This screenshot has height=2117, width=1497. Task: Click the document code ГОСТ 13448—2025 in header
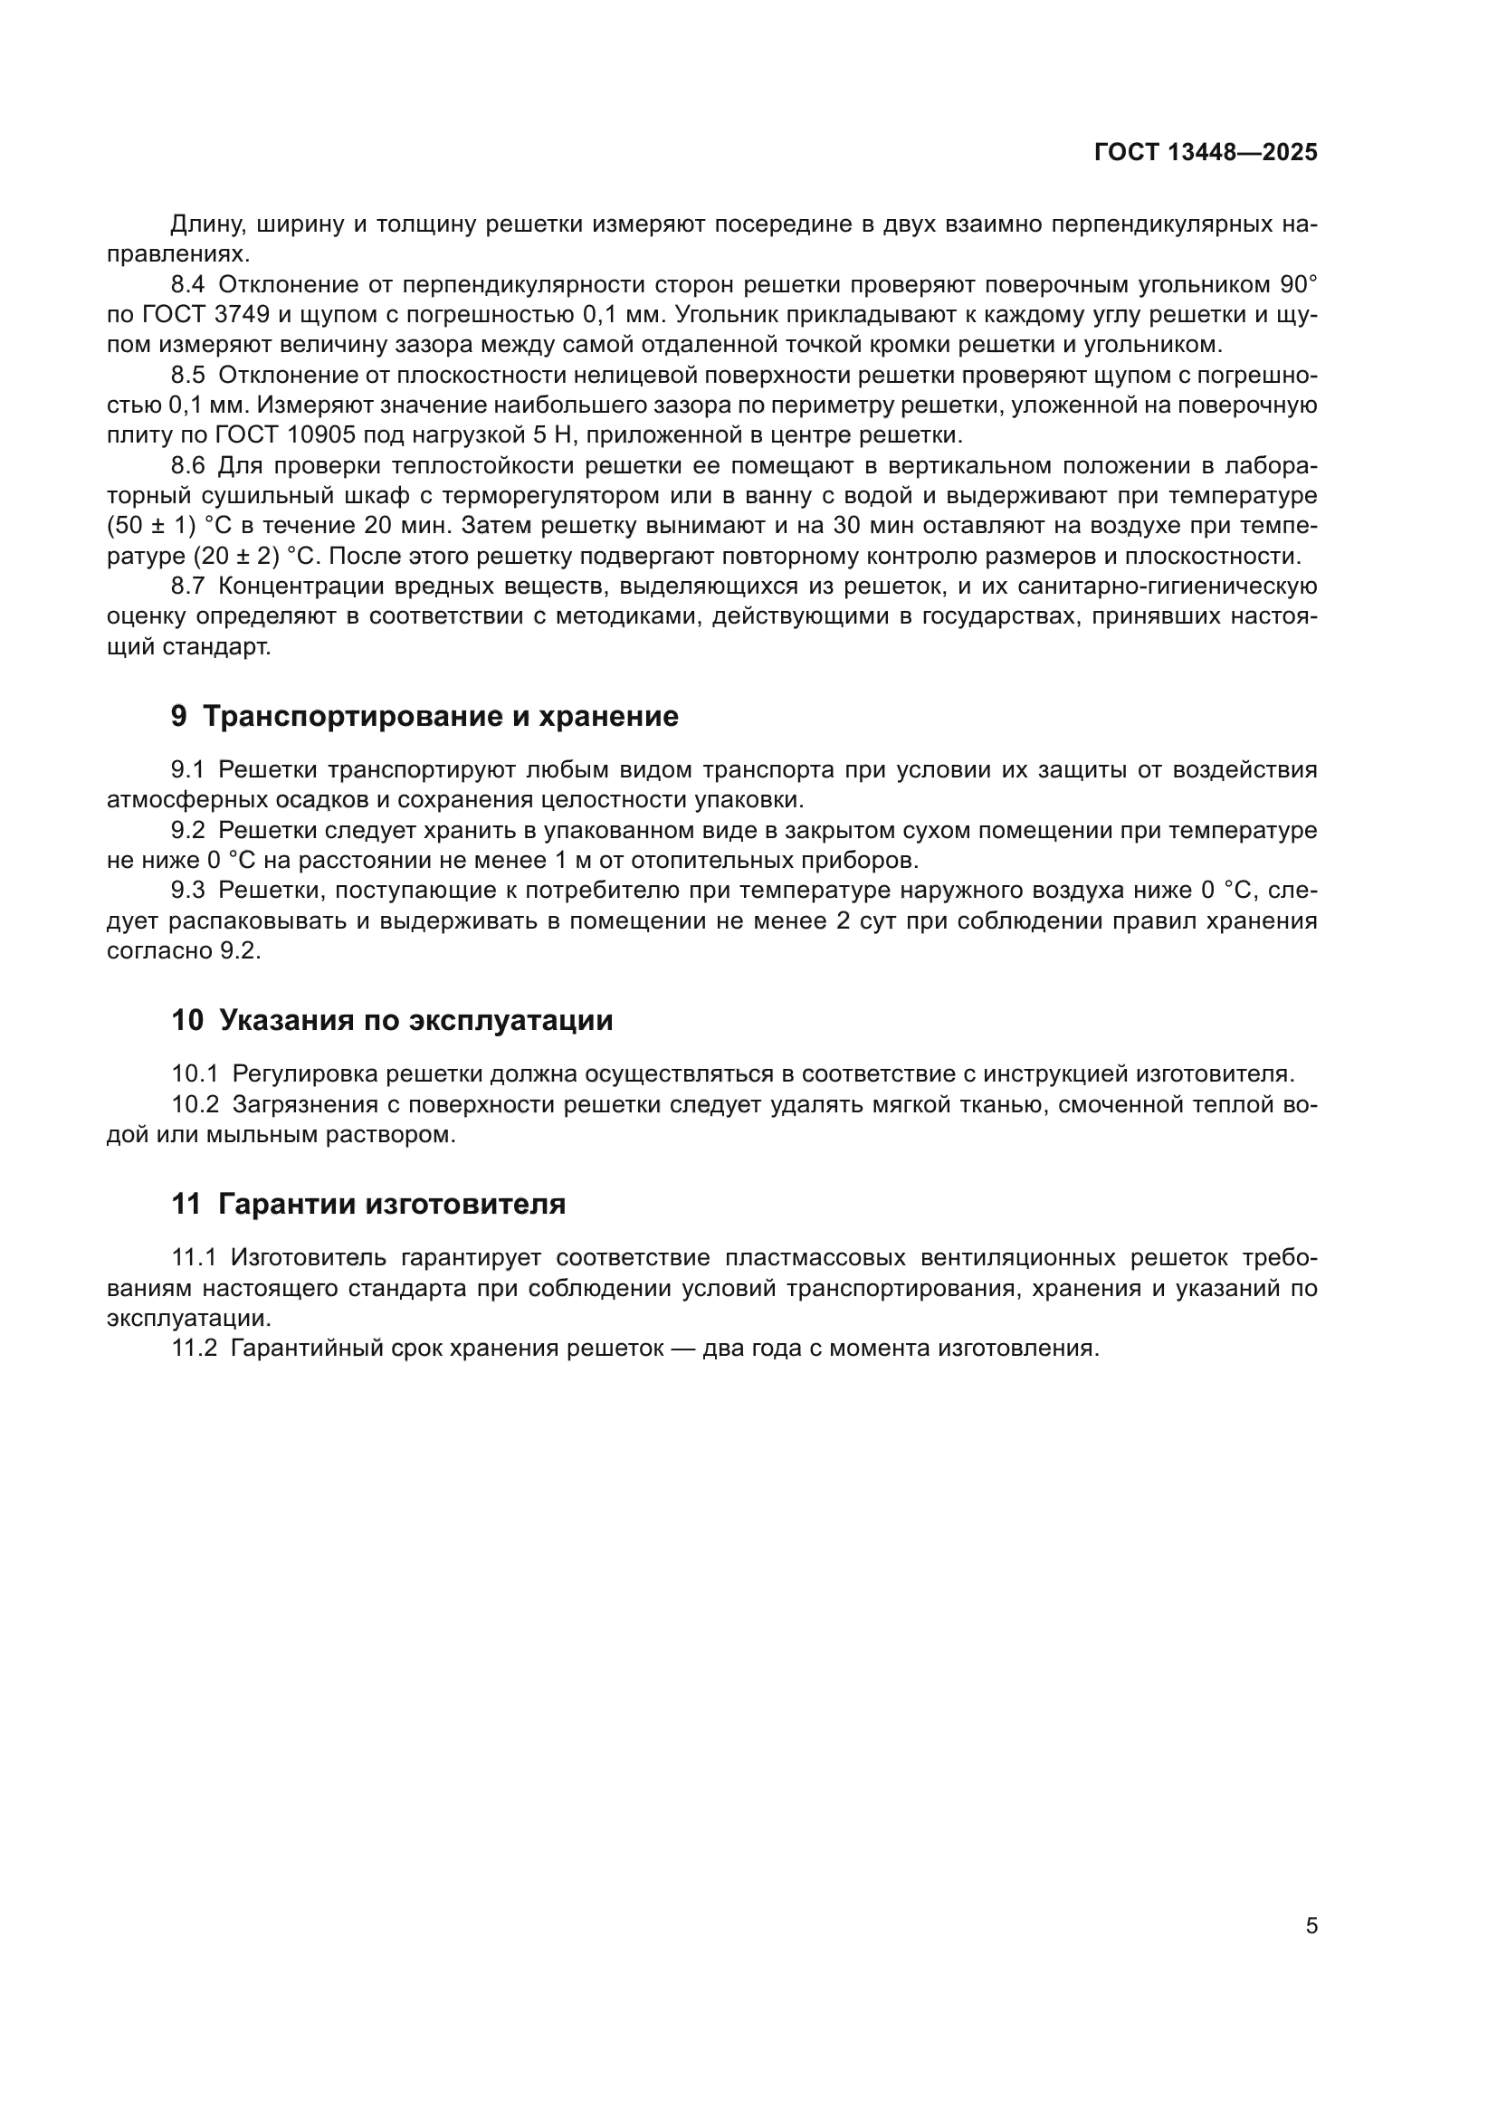pyautogui.click(x=1206, y=153)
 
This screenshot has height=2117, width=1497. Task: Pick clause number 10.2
pyautogui.click(x=195, y=1104)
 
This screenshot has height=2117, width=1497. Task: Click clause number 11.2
pyautogui.click(x=195, y=1348)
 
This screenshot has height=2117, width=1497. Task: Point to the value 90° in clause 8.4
pyautogui.click(x=1298, y=285)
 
